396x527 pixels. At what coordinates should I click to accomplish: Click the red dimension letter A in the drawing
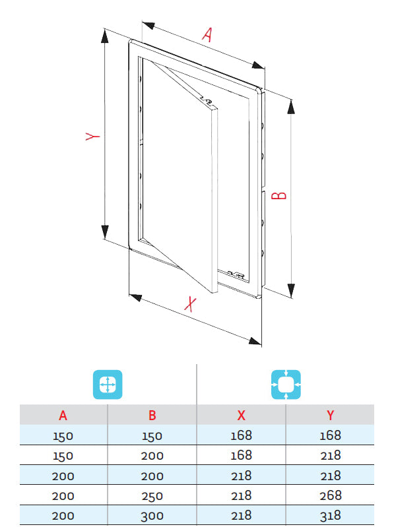(208, 34)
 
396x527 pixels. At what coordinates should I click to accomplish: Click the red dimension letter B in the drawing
(279, 196)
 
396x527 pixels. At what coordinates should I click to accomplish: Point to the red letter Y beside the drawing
(92, 136)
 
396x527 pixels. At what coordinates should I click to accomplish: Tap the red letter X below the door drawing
(190, 304)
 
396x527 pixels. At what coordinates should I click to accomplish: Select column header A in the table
(63, 416)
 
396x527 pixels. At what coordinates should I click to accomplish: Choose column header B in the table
(152, 416)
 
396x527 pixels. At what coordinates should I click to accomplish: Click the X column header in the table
(242, 416)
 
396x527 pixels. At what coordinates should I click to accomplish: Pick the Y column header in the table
(331, 416)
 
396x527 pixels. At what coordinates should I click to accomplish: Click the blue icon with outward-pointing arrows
(108, 385)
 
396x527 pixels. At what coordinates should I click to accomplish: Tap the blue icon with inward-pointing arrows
(286, 385)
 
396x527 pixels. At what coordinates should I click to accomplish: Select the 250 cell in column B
(152, 496)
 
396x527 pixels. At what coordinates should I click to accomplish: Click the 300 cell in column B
(152, 516)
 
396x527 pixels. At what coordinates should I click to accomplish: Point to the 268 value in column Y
(331, 495)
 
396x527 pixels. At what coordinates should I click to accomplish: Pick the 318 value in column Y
(331, 516)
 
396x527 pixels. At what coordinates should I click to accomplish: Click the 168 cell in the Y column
(331, 435)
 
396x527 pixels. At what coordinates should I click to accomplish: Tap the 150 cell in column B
(152, 436)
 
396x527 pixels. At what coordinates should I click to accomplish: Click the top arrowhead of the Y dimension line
(105, 36)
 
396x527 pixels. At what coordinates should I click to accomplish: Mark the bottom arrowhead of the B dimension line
(291, 291)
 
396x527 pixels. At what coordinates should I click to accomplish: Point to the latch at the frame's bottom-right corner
(236, 274)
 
